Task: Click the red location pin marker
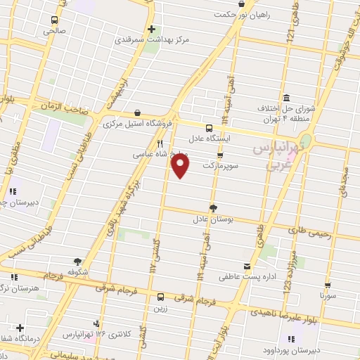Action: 181,165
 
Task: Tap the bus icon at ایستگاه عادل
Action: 209,128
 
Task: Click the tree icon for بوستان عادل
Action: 213,207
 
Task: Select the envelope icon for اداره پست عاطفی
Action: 246,266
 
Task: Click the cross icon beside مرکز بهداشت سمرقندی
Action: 151,29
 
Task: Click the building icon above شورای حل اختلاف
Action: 286,98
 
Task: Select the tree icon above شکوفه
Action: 75,261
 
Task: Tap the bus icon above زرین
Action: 160,297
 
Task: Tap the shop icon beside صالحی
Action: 55,20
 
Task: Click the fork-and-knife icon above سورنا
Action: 328,285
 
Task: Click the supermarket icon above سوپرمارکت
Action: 220,155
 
